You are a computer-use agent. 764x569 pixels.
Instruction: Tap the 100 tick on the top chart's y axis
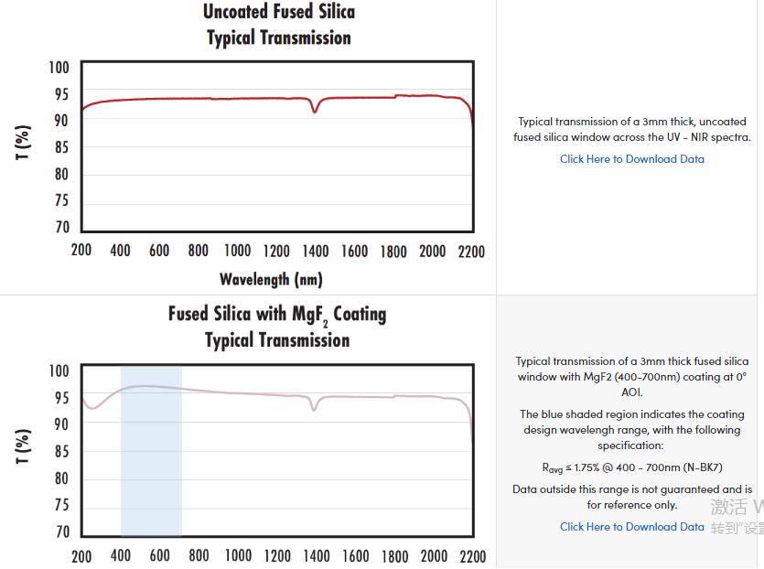[x=59, y=68]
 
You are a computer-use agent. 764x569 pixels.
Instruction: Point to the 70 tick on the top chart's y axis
[x=60, y=228]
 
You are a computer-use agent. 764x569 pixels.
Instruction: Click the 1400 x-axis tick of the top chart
[x=315, y=252]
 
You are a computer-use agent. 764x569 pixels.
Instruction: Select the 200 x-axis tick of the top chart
[x=81, y=252]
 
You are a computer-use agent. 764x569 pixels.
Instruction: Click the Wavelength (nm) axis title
[x=271, y=279]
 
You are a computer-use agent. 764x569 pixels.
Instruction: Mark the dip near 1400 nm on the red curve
[x=315, y=111]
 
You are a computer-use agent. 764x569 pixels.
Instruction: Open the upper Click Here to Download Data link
[x=632, y=159]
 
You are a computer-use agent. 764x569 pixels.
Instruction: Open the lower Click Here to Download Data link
[x=632, y=527]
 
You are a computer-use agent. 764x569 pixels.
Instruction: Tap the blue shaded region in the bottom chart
[x=151, y=457]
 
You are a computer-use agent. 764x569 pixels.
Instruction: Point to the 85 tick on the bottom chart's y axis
[x=60, y=452]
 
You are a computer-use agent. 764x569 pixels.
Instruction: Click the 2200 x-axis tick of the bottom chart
[x=472, y=556]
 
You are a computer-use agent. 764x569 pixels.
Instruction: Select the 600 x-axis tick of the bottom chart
[x=159, y=556]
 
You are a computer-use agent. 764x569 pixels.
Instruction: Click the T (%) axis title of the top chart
[x=24, y=142]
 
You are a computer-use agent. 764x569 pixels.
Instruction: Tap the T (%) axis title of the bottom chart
[x=24, y=446]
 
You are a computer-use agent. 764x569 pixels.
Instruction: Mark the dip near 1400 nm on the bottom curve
[x=314, y=409]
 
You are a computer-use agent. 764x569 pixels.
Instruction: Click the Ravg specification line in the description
[x=631, y=467]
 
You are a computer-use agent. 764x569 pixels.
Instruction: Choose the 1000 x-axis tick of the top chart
[x=237, y=252]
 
